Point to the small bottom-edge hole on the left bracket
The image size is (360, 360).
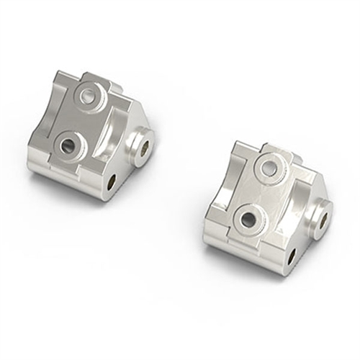(x=110, y=183)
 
